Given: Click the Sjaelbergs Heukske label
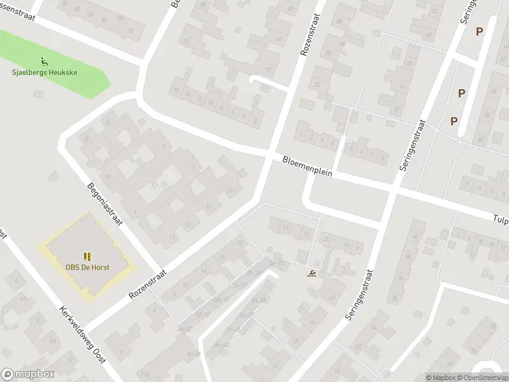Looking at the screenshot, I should pos(45,73).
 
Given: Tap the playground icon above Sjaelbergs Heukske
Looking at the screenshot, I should pos(44,62).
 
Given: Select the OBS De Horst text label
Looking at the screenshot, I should pos(87,267).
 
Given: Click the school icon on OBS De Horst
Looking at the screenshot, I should pos(87,257).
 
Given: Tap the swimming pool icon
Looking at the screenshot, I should pos(312,274).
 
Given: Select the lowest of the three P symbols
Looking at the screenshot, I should pos(454,121).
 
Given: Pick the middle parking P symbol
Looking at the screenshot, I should pos(461,93).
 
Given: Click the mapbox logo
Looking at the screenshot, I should pos(28,374).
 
